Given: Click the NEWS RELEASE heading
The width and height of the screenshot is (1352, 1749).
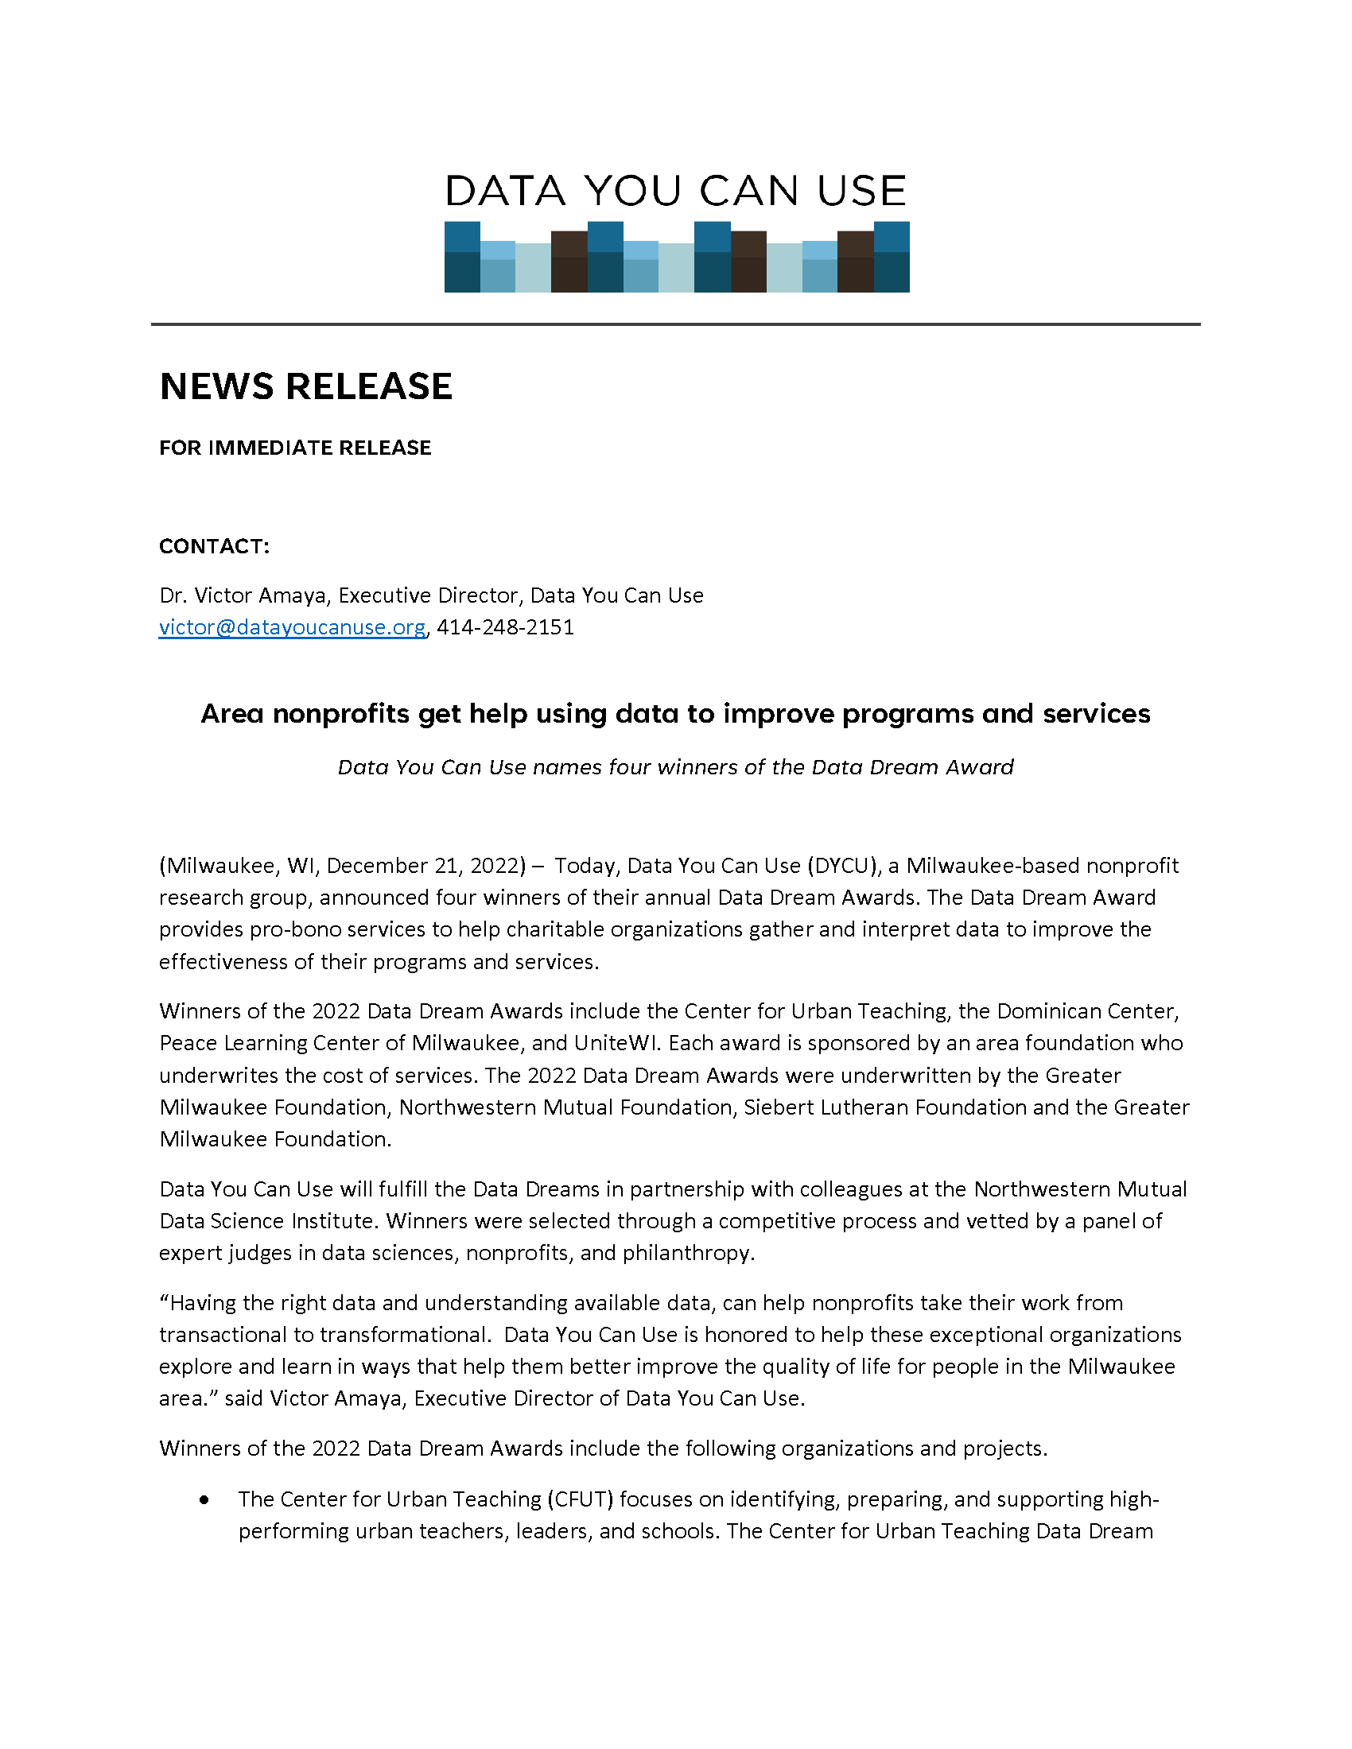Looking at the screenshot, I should tap(306, 387).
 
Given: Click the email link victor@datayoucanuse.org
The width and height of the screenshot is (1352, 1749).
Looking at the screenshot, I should tap(292, 627).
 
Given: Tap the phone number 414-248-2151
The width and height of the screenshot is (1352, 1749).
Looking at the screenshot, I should tap(505, 627).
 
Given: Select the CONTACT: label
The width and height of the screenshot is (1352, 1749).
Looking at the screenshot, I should tap(215, 546).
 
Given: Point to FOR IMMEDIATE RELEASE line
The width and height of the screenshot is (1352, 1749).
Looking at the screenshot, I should tap(295, 448).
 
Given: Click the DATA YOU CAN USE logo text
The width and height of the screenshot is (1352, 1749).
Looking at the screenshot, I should tap(675, 192).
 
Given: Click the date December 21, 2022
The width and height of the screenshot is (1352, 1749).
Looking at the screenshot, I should tap(422, 866).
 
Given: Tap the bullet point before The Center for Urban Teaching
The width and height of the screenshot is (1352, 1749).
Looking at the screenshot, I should tap(206, 1500).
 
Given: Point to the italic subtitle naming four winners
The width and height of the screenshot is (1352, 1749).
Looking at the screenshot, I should tap(675, 767).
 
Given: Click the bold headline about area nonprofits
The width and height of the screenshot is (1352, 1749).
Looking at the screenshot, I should tap(675, 714).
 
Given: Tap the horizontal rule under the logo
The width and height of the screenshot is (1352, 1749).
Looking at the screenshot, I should tap(675, 324).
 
